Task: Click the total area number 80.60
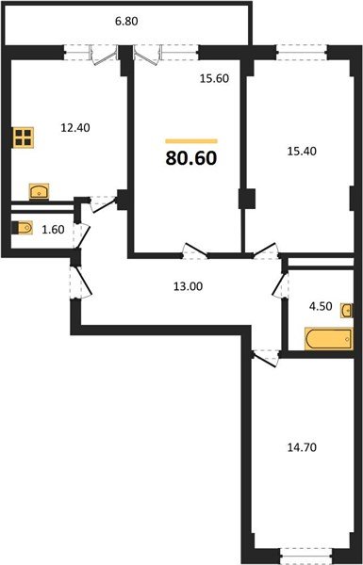tap(191, 157)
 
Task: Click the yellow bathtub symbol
tap(326, 337)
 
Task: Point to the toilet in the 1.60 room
tap(24, 227)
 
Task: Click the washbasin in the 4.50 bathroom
tap(347, 311)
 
